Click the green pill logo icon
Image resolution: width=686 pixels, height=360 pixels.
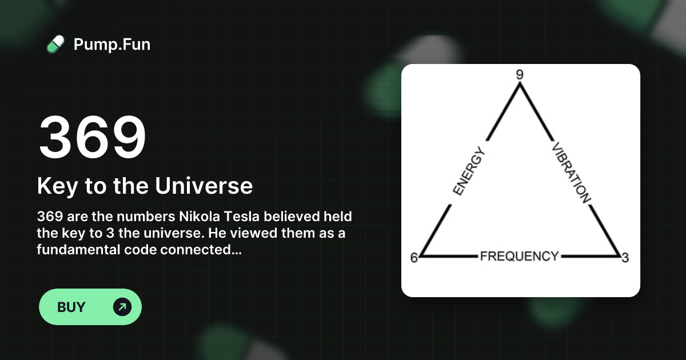56,45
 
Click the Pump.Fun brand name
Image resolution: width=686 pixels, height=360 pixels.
112,45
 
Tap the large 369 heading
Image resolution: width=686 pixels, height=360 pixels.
92,137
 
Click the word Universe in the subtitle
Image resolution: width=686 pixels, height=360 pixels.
204,186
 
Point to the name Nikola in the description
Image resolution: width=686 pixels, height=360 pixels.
200,217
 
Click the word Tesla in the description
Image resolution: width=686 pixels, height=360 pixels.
242,217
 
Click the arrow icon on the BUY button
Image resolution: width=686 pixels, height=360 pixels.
122,307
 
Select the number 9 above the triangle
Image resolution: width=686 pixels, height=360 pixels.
520,74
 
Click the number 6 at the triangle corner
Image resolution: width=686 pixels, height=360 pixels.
414,258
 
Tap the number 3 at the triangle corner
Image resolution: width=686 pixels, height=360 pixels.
625,258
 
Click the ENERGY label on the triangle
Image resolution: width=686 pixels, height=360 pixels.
469,171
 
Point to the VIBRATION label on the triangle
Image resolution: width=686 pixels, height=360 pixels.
571,173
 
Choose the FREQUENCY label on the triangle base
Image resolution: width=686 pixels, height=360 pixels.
520,256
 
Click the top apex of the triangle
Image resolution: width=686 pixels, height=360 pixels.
520,85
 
